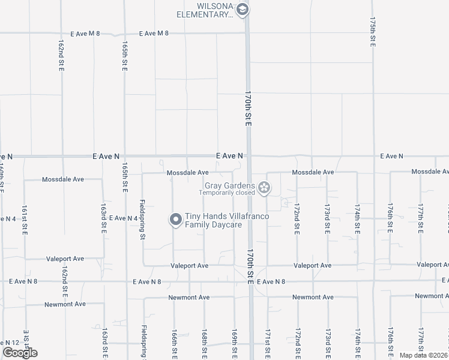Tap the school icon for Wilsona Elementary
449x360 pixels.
[242, 9]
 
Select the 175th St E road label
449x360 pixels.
[373, 32]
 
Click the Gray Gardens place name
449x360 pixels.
[230, 186]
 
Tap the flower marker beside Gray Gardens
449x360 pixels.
[264, 189]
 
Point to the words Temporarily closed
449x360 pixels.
[228, 193]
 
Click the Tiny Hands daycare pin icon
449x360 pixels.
[176, 220]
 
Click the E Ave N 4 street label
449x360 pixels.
[123, 218]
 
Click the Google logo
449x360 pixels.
[20, 353]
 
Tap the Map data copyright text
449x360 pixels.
[423, 355]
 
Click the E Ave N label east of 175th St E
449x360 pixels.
[391, 156]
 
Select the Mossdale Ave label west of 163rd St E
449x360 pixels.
[62, 179]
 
